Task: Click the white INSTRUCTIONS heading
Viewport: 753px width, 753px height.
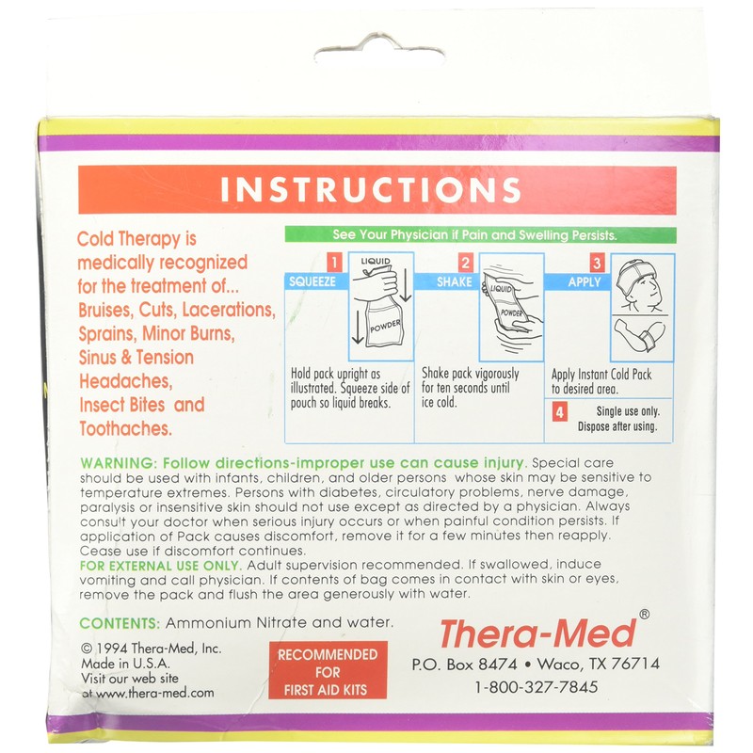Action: [x=370, y=189]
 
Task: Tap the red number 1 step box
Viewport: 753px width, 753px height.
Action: [x=331, y=263]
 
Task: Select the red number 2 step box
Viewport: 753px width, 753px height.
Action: [x=464, y=263]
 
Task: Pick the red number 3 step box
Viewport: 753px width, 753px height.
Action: [x=596, y=263]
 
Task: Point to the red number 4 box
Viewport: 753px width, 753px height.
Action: [x=560, y=411]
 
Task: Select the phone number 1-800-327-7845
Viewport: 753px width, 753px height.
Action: [x=537, y=687]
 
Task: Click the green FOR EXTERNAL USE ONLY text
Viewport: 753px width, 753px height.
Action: [x=160, y=565]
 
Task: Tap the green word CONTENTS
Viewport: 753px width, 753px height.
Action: [x=120, y=623]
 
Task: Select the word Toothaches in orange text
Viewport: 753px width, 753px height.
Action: [x=123, y=427]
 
